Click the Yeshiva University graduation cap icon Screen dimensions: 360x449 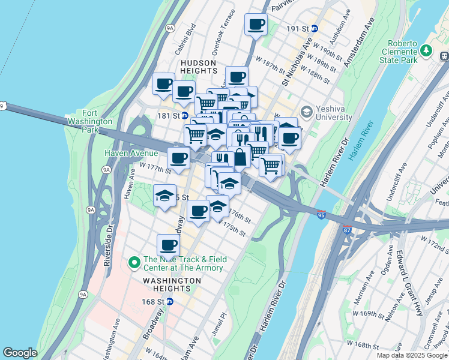307,112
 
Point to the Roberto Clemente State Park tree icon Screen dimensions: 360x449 427,50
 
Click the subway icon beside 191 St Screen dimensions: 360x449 315,28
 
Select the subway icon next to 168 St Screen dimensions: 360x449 170,301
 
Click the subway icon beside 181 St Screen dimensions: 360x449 185,115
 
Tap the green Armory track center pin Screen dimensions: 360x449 134,263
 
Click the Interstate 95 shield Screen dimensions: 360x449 322,215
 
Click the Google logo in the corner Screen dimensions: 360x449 20,353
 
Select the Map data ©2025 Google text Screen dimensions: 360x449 411,355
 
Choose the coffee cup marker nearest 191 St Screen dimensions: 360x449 256,25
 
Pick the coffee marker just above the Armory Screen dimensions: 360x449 168,245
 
